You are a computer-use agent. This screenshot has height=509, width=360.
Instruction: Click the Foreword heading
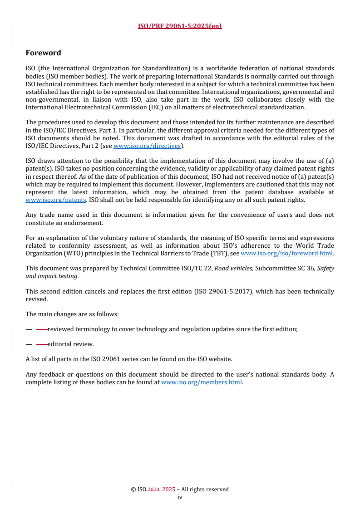click(x=43, y=53)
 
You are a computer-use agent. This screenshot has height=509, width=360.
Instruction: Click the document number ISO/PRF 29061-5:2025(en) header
click(x=180, y=26)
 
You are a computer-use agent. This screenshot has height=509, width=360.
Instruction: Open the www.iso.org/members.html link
click(x=202, y=382)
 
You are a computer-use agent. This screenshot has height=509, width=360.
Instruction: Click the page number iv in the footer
click(x=180, y=497)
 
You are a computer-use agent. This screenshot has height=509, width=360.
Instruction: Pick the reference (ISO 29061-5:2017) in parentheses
click(x=220, y=291)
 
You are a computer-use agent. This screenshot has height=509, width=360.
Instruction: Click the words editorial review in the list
click(x=70, y=344)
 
